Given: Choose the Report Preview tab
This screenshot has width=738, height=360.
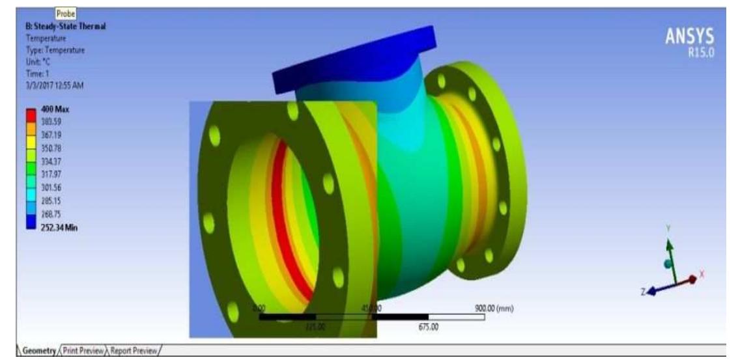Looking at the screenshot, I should point(135,351).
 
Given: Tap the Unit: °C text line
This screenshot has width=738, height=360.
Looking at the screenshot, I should point(38,62).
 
